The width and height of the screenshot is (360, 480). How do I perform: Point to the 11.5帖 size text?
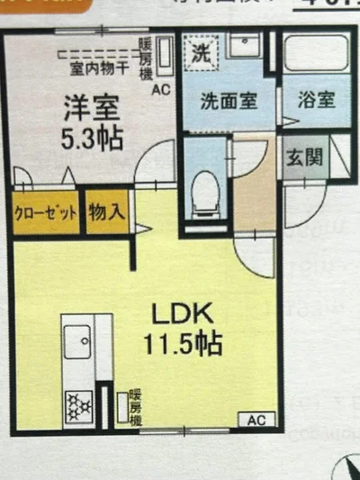click(x=184, y=343)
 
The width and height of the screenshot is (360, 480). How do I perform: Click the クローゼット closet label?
click(x=46, y=213)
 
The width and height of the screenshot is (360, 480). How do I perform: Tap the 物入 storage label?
click(x=108, y=213)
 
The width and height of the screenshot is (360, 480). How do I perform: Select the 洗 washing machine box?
click(x=202, y=51)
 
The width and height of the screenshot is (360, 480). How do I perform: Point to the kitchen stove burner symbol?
click(x=79, y=403)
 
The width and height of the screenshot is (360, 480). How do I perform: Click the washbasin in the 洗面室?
click(x=245, y=45)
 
